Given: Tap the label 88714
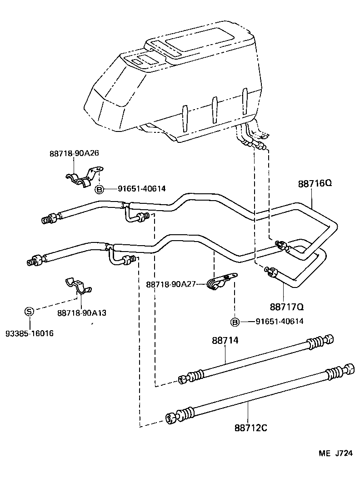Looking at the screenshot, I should point(225,340).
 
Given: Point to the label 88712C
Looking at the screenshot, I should point(251,428).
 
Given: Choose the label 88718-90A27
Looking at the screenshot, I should point(170,284).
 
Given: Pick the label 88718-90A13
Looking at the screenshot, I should point(82,313).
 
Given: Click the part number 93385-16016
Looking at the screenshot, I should point(30,333).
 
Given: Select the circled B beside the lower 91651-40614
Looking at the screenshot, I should point(235,322).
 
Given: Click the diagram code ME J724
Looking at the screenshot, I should point(335,454).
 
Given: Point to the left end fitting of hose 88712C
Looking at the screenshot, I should point(171,418).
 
